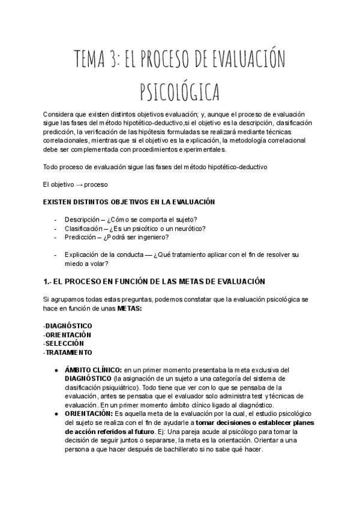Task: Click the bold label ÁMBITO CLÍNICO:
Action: pos(93,370)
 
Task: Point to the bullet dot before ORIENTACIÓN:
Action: pos(55,414)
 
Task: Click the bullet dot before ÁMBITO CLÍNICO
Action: pos(55,370)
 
